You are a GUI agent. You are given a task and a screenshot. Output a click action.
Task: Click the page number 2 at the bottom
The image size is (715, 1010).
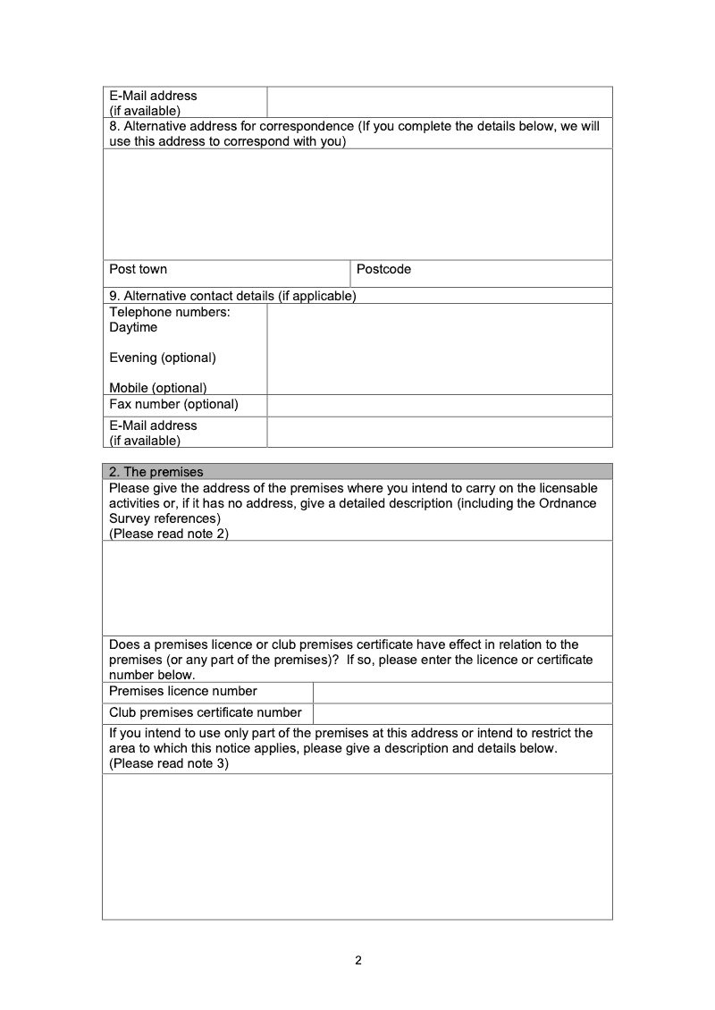coord(358,962)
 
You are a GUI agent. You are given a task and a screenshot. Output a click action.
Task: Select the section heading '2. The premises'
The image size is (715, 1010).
coord(156,472)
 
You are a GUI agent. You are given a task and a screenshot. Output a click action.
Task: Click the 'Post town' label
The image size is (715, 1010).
coord(138,269)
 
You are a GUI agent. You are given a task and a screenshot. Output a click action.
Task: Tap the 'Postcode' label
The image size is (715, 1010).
coord(383,269)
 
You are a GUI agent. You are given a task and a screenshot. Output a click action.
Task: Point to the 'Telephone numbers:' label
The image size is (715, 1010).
coord(169,312)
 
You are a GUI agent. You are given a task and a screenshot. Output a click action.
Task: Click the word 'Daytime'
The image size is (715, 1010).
coord(133,327)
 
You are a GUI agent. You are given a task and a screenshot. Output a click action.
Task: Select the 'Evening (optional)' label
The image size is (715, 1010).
coord(162,358)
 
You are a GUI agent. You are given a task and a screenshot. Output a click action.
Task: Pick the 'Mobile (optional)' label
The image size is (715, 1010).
coord(157,388)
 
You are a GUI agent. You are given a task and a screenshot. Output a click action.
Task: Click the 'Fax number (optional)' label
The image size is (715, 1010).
coord(173,404)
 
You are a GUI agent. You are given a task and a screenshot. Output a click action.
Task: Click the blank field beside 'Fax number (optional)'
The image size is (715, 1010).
coord(439,405)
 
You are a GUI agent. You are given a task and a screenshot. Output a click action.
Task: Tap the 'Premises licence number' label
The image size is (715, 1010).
coord(182,691)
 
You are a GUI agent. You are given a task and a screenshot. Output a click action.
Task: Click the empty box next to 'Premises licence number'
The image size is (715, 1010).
coord(462,692)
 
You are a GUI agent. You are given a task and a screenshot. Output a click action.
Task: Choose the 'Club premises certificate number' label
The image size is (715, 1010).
coord(205,712)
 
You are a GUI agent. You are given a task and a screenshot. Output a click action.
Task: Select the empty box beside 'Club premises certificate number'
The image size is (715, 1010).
coord(462,713)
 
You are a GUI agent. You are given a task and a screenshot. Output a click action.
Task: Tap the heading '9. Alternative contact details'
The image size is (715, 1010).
coord(232,296)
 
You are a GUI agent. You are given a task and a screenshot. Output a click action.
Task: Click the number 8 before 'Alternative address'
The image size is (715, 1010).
coord(113,126)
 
